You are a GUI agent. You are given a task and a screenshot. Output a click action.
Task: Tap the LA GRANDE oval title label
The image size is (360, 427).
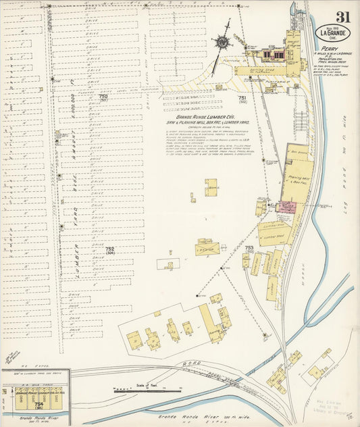pyautogui.click(x=335, y=34)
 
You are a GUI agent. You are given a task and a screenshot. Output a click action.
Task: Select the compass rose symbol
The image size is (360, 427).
pyautogui.click(x=221, y=42)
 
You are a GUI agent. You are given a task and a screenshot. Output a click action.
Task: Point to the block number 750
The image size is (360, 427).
pyautogui.click(x=103, y=97)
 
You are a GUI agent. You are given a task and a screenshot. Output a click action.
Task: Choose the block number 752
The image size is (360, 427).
pyautogui.click(x=110, y=249)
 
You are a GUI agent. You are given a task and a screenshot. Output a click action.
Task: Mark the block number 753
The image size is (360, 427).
pyautogui.click(x=249, y=248)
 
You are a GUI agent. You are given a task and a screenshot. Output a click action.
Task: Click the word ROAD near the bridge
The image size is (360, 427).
pyautogui.click(x=190, y=363)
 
